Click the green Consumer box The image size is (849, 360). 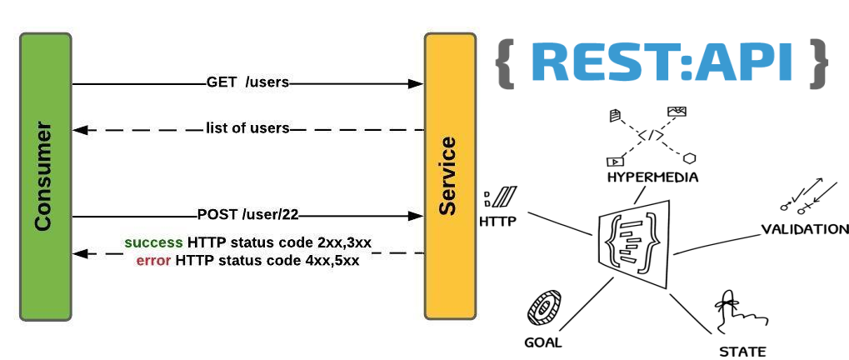(x=46, y=177)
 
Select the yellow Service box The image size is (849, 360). (x=450, y=177)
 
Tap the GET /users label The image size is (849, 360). (x=248, y=82)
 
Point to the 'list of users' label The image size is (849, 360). (x=247, y=129)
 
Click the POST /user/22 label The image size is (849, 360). (x=248, y=215)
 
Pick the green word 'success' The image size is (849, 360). (x=154, y=242)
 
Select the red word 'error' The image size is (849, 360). (x=154, y=260)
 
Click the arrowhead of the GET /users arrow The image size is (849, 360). (x=416, y=83)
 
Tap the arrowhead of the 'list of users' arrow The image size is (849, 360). (x=80, y=130)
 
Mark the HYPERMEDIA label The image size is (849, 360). (x=652, y=177)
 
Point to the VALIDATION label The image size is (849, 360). (x=805, y=229)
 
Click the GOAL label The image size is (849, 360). (x=543, y=342)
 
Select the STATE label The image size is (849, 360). (x=742, y=352)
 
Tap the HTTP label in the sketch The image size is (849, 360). (x=497, y=222)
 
